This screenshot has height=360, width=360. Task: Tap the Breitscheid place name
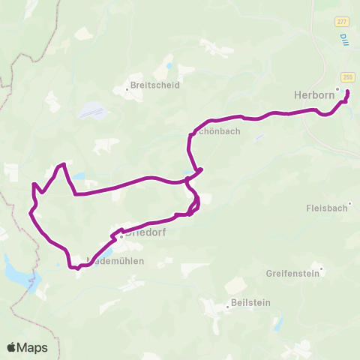click(x=154, y=85)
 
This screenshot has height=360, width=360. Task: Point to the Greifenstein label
click(x=292, y=274)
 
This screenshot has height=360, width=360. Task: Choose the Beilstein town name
click(x=250, y=307)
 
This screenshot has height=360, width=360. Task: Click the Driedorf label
click(x=147, y=234)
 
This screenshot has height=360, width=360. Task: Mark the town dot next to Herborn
click(x=337, y=89)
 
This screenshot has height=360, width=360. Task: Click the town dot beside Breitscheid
click(x=127, y=89)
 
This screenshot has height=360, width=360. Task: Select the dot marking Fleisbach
click(x=349, y=202)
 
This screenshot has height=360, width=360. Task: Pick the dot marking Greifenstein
click(x=321, y=269)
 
